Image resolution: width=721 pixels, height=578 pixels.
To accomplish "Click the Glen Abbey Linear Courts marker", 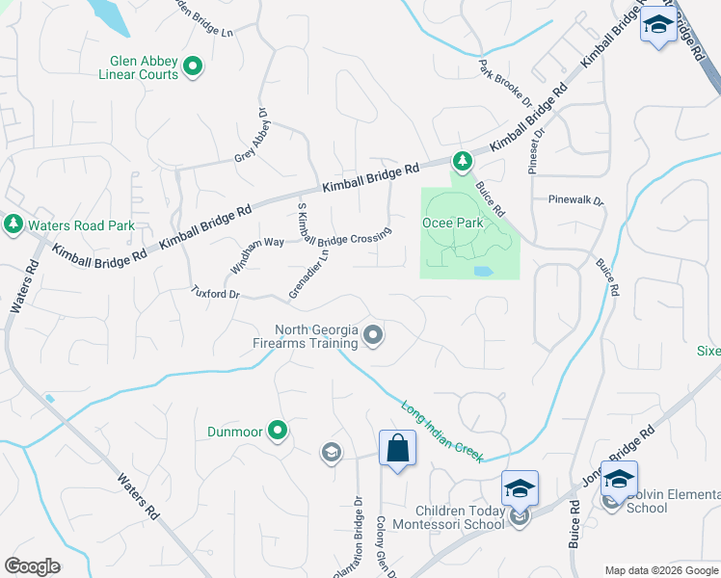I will tap(193, 66).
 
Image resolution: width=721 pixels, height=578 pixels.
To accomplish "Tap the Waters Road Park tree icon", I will tap(13, 224).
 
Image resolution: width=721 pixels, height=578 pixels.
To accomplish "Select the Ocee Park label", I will tap(452, 223).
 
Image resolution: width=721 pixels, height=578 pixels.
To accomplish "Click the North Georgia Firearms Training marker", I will tap(373, 335).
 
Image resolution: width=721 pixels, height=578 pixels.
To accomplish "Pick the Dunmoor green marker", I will tap(279, 431).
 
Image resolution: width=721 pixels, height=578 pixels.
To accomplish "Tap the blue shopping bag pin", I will tap(397, 449).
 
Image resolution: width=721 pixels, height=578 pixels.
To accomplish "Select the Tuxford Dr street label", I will tap(214, 292).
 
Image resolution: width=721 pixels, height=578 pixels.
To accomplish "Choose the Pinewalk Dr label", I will tap(574, 201).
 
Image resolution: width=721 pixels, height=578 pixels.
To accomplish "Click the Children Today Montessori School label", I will tap(460, 517).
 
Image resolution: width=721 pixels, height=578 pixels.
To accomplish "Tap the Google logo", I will tap(32, 566).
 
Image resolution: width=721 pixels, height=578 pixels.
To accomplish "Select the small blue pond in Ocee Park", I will tap(482, 272).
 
